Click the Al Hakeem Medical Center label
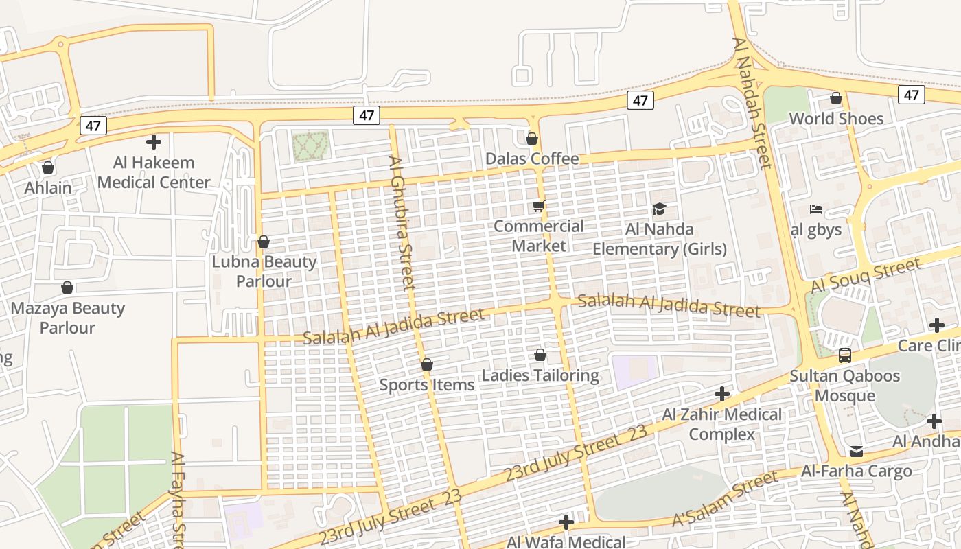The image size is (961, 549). tap(154, 172)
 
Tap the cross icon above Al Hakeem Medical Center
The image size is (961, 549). tap(154, 142)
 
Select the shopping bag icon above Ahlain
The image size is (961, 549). tap(48, 167)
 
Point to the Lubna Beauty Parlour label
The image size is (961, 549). tap(264, 271)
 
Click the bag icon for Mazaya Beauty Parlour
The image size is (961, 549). tap(67, 288)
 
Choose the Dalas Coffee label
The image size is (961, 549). tap(532, 159)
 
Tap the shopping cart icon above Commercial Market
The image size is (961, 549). tap(539, 206)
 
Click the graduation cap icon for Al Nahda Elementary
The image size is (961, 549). tap(659, 209)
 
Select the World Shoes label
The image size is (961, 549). tap(836, 119)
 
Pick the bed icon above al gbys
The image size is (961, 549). tap(816, 209)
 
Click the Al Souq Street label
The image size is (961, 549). tap(865, 275)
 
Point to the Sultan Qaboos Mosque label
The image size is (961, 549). tap(844, 386)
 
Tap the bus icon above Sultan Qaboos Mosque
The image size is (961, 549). tap(844, 355)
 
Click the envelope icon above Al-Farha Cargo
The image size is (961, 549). tap(856, 451)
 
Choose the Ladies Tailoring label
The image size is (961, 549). tap(540, 375)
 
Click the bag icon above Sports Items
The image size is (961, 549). tap(427, 364)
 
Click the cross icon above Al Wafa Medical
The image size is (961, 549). tap(566, 522)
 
